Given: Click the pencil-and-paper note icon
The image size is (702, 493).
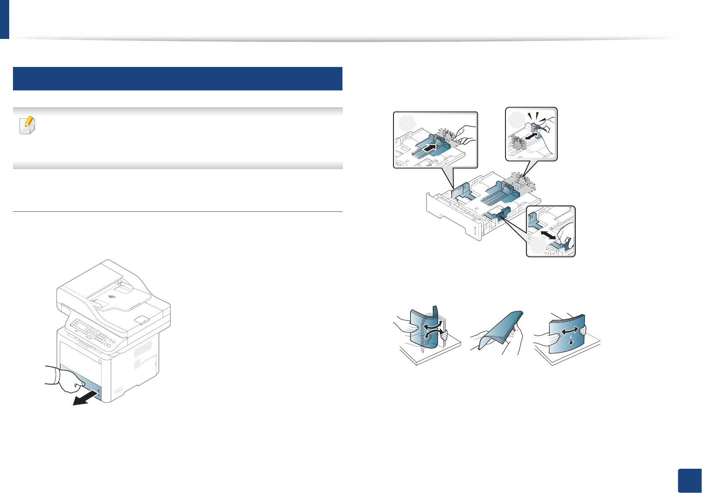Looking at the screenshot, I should (28, 125).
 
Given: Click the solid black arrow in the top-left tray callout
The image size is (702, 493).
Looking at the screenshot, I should (432, 147).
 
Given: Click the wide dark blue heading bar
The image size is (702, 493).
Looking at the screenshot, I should (178, 79).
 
